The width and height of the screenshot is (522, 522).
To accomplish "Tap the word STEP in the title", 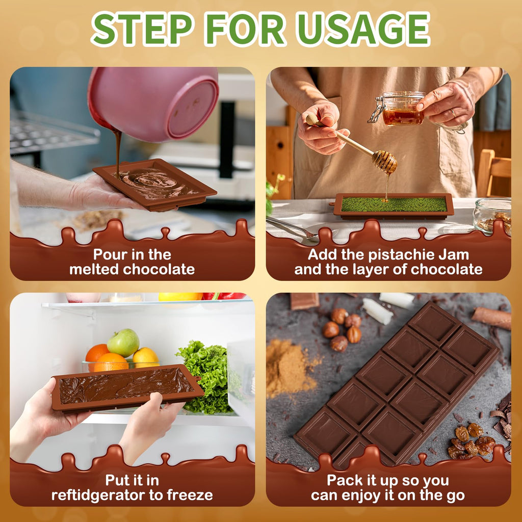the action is pos(142,29).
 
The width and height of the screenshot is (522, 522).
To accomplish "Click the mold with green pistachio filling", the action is pos(394,206).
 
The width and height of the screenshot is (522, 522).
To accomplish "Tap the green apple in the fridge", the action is pos(123,343).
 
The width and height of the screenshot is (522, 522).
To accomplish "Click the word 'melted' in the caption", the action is pos(94,269).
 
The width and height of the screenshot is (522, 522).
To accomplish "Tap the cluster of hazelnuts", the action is pos(343,329).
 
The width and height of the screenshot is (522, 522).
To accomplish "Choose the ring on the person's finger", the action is pos(453,113).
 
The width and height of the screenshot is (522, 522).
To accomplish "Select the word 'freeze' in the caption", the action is pos(190,495).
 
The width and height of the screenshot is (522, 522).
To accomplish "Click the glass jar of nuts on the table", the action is pos(492,216).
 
